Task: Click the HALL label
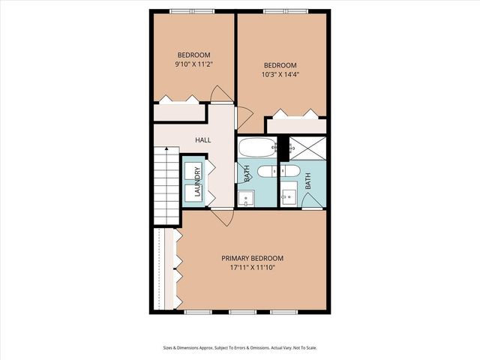tap(202, 140)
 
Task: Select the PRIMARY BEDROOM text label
tap(252, 258)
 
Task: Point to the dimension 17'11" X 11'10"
tap(252, 268)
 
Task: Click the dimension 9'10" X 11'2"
tap(193, 64)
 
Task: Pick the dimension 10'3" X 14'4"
tap(280, 75)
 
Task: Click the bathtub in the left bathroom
tap(257, 148)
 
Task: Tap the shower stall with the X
tap(304, 148)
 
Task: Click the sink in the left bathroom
tap(245, 199)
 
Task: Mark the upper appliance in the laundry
tap(193, 170)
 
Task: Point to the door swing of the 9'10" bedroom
tap(221, 94)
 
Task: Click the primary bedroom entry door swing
tap(221, 216)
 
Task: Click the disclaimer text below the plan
tap(240, 347)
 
